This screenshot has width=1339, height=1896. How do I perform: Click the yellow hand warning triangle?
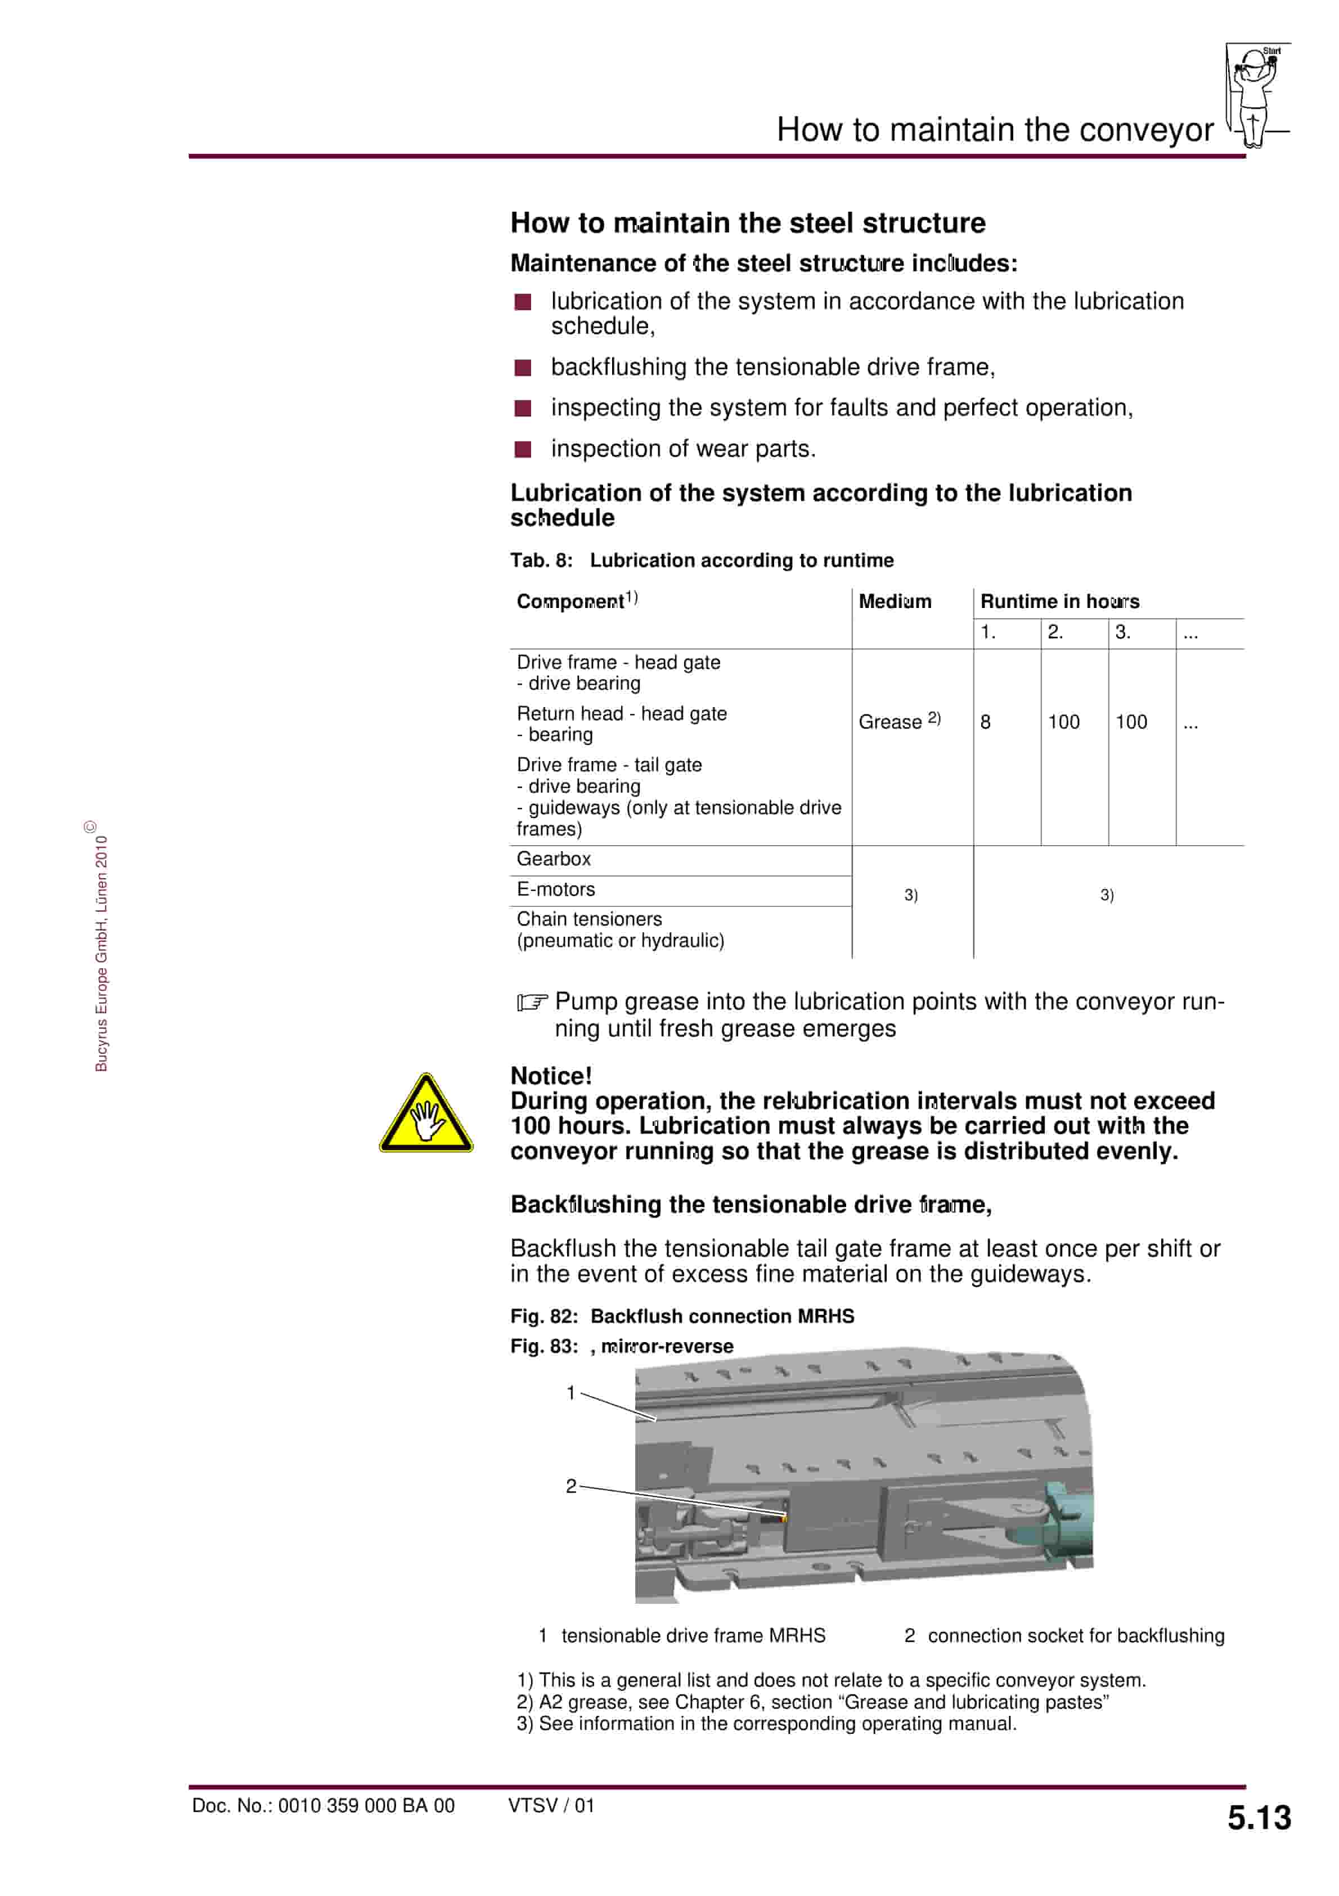click(425, 1115)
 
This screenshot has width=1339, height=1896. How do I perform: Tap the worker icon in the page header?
click(1254, 95)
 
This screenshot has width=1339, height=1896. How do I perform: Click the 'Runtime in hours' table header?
click(1059, 601)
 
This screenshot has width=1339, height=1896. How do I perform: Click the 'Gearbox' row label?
click(554, 859)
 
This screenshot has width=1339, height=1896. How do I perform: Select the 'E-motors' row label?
click(556, 889)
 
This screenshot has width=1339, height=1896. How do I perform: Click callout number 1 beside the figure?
click(570, 1393)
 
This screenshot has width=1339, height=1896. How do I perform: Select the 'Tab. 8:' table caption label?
click(541, 561)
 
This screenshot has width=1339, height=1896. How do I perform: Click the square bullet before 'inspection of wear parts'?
click(523, 449)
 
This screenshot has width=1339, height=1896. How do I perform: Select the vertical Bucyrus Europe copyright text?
click(101, 950)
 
